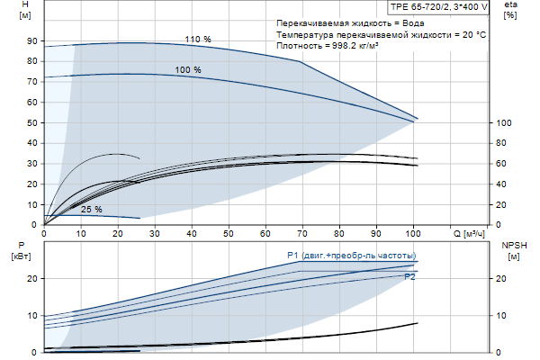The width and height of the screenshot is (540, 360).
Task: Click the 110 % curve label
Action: click(x=197, y=40)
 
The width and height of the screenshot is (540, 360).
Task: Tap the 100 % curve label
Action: click(x=188, y=70)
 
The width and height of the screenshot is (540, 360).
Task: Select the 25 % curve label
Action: click(x=92, y=210)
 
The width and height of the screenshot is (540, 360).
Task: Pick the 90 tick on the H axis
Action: click(x=31, y=41)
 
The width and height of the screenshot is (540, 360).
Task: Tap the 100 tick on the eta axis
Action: click(x=504, y=122)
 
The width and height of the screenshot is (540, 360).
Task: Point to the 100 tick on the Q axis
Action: click(x=413, y=233)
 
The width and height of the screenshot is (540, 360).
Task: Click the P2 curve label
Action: click(x=409, y=277)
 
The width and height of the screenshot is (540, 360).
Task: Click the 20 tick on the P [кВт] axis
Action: click(x=31, y=279)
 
